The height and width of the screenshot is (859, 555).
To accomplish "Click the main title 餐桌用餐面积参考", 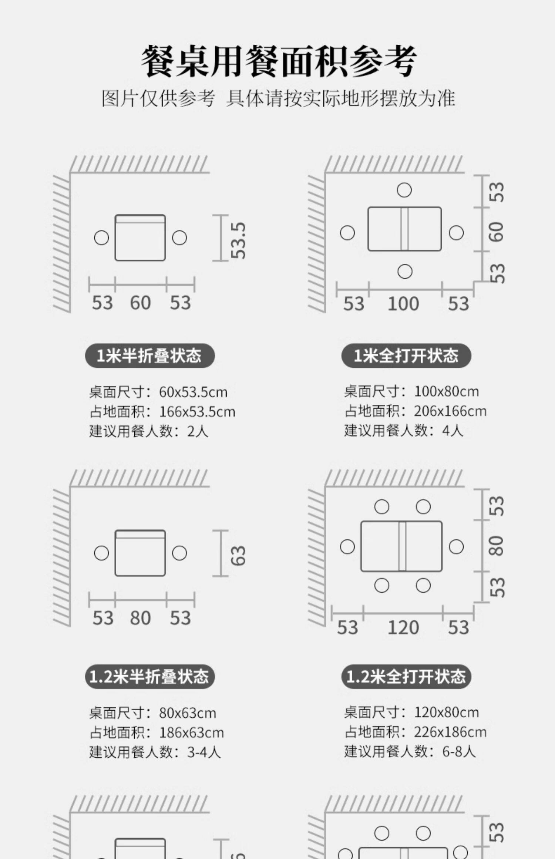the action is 278,61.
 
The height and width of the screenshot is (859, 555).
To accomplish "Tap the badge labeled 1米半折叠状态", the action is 149,356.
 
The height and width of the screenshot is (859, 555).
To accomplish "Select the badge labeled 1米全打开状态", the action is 406,356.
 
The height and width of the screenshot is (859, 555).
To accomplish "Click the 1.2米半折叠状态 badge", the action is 149,677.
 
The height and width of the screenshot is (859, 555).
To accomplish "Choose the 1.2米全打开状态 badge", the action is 406,677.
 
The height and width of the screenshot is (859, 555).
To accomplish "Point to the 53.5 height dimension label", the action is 238,240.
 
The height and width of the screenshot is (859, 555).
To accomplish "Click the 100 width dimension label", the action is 403,304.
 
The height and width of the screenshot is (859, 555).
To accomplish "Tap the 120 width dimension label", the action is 403,628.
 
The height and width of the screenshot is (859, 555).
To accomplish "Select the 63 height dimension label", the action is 238,556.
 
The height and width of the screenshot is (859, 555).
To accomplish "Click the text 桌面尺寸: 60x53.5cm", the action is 158,392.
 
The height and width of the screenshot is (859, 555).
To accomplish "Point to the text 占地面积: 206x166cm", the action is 415,411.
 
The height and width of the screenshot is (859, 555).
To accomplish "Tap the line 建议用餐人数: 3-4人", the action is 155,752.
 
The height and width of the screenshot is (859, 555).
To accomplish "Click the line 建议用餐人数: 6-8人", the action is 410,751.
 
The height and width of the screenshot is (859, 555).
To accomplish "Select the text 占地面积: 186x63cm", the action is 157,732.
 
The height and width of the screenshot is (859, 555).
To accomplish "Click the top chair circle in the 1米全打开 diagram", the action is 404,190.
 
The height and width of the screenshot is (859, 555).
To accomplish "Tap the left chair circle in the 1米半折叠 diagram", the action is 101,238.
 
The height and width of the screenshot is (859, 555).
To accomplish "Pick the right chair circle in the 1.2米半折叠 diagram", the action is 179,553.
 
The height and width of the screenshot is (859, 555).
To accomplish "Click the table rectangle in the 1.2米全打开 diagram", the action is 401,546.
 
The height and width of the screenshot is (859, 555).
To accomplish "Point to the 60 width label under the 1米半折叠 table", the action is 140,303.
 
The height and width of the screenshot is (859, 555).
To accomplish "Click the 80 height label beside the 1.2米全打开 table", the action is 496,546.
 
